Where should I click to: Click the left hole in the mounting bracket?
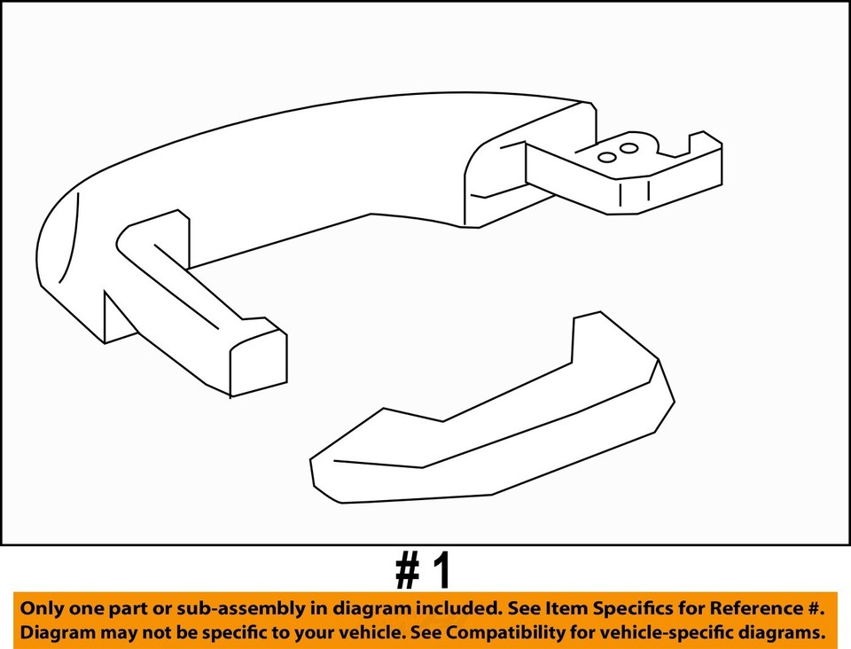[607, 157]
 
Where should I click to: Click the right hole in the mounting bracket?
[628, 148]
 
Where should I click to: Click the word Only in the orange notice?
[43, 609]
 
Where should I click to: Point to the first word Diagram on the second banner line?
[55, 633]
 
